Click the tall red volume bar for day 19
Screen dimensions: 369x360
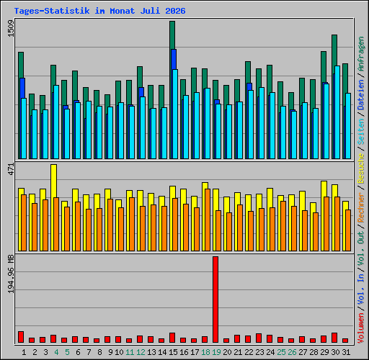[215, 300]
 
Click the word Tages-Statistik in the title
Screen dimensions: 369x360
[52, 11]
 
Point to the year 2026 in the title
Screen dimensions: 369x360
[175, 11]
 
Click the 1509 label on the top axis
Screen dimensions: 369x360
[11, 29]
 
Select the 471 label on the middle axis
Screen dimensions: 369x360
[11, 169]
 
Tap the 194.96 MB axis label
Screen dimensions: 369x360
[11, 274]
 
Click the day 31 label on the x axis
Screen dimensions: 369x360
[346, 352]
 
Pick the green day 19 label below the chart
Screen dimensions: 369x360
[216, 352]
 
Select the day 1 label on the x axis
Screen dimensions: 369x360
[24, 352]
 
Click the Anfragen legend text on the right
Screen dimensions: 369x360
[361, 54]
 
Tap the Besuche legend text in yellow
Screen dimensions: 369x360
[361, 169]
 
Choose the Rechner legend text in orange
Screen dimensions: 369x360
[361, 207]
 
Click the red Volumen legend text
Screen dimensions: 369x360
[361, 328]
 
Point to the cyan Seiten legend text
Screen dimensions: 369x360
[361, 132]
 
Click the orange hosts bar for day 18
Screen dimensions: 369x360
[208, 220]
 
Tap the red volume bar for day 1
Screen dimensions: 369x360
[21, 337]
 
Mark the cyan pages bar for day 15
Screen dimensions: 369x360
[175, 114]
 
